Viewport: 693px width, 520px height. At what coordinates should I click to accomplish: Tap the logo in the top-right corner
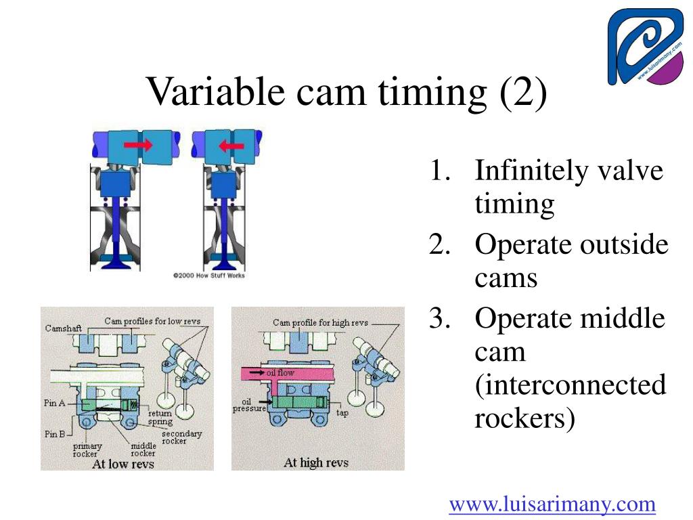(646, 47)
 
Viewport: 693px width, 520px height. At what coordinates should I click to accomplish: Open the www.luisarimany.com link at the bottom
(553, 504)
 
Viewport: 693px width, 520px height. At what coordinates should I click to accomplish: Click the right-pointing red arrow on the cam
(138, 145)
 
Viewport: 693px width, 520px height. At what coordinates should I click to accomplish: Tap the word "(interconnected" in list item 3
(570, 385)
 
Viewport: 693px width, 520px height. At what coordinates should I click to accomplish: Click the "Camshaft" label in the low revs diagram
(63, 328)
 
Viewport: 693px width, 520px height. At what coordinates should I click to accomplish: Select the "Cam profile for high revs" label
(320, 323)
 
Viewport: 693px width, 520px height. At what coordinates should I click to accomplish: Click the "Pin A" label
(55, 403)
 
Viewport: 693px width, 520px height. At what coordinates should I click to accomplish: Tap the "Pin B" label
(55, 434)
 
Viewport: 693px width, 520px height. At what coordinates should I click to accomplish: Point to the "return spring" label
(160, 416)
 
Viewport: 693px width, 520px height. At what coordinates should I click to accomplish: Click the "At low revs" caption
(122, 464)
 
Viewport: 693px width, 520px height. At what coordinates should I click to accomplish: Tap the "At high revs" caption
(316, 462)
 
